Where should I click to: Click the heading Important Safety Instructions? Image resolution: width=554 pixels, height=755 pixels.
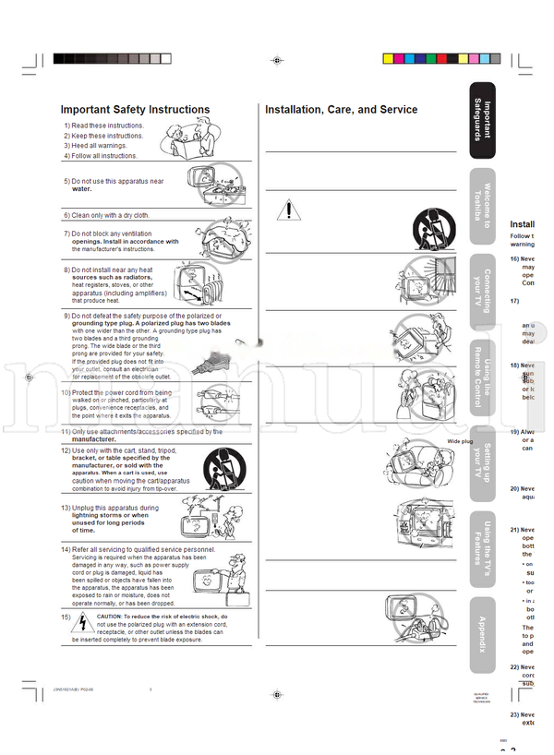coord(135,110)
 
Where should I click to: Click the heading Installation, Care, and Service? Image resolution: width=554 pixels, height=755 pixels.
coord(341,110)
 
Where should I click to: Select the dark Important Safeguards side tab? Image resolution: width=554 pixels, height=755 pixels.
coord(482,119)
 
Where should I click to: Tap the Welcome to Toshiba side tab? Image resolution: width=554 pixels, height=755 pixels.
coord(482,204)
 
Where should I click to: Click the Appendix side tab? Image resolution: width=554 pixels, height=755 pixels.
coord(482,631)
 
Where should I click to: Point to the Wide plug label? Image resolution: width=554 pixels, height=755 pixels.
coord(460,442)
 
